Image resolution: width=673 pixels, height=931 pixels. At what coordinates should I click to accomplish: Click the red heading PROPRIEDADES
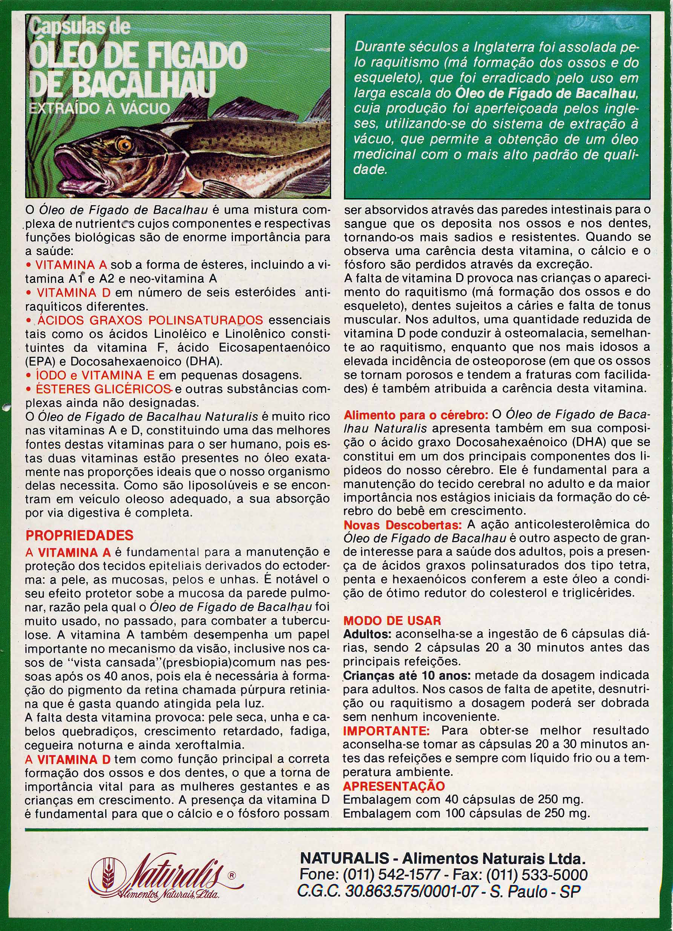[79, 535]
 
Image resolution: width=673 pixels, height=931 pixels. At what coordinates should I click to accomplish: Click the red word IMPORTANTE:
[386, 731]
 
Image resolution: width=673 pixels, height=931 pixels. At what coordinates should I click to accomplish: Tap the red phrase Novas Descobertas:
[403, 525]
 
